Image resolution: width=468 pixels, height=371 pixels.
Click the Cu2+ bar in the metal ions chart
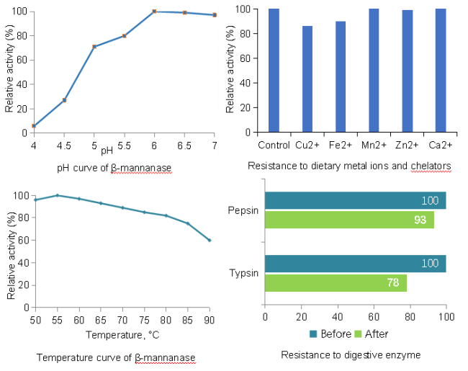tap(307, 79)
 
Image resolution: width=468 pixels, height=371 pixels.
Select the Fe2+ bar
tap(341, 76)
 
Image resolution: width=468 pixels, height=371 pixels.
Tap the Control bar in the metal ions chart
tap(274, 71)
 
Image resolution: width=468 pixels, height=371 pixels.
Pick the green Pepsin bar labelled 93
tap(349, 220)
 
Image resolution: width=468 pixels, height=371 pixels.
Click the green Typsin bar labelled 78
tap(336, 283)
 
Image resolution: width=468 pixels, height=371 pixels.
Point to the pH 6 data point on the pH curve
tap(154, 12)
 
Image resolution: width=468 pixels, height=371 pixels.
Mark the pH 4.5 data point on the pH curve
tap(64, 100)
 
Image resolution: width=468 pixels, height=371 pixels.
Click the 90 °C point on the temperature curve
tap(210, 240)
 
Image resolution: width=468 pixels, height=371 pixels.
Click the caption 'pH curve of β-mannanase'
tap(114, 169)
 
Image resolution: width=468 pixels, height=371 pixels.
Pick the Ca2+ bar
tap(441, 71)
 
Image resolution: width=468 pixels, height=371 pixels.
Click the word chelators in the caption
tap(431, 166)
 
